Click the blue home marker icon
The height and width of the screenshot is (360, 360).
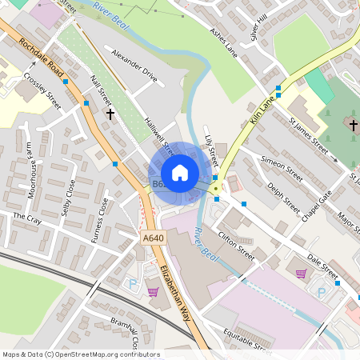(x=180, y=173)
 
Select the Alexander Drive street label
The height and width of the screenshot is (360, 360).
(x=134, y=67)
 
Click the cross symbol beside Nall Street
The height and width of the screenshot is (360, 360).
(x=110, y=114)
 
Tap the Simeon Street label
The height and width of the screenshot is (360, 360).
(x=282, y=164)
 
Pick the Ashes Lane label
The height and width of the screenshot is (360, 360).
(x=224, y=41)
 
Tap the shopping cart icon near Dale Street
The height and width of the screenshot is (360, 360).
(x=301, y=274)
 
